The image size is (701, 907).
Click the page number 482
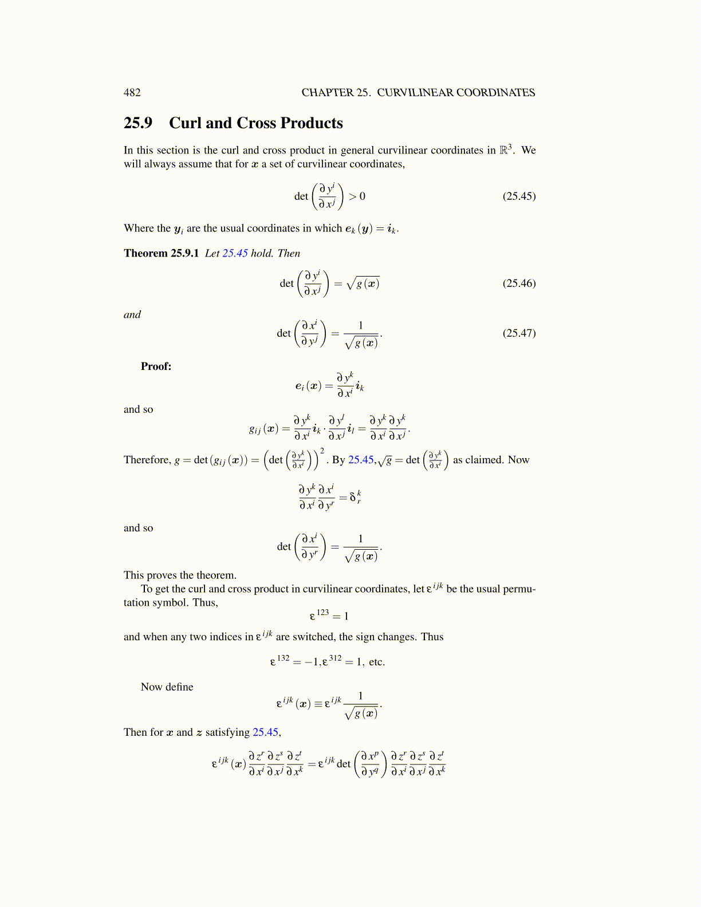pos(132,93)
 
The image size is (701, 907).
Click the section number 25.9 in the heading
pos(138,123)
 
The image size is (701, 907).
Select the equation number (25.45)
pos(519,196)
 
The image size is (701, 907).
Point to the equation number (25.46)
pos(519,283)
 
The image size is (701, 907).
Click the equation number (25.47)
pos(519,333)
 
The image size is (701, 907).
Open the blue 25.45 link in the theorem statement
pos(235,253)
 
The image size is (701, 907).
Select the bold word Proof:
pos(156,366)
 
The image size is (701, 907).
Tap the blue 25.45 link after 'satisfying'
pos(265,732)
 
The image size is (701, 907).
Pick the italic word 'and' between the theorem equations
pos(132,314)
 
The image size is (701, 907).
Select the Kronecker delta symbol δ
pos(353,497)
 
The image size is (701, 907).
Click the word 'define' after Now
pos(179,687)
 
